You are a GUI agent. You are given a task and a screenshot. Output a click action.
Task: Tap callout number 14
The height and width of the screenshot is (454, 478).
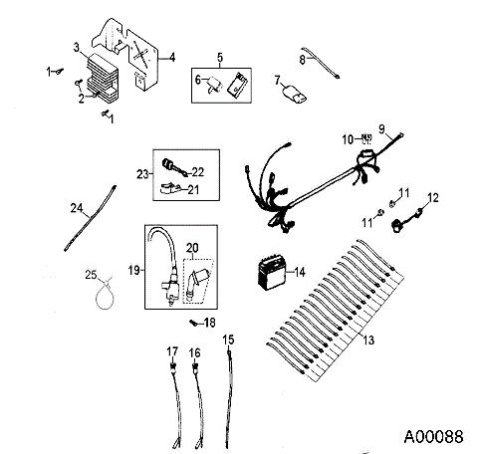(x=300, y=270)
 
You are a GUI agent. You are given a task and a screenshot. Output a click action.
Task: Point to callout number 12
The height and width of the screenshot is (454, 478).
(x=431, y=197)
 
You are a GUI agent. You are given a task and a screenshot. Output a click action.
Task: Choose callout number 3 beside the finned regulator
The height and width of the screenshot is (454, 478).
(x=77, y=47)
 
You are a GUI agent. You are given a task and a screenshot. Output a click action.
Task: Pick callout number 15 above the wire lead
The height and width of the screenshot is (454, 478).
(x=228, y=340)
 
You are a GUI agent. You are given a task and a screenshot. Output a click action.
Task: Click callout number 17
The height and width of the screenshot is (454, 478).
(x=171, y=350)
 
